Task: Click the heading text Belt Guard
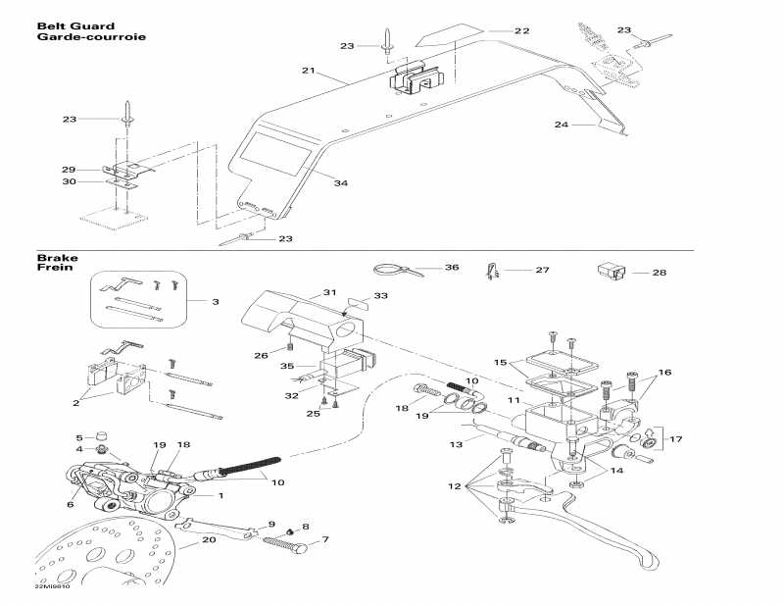coord(74,26)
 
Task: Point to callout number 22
coord(521,30)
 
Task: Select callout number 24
coord(561,125)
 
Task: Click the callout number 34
coord(340,183)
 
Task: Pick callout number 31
coord(329,292)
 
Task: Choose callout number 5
coord(79,437)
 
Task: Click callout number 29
coord(69,169)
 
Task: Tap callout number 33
coord(379,295)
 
